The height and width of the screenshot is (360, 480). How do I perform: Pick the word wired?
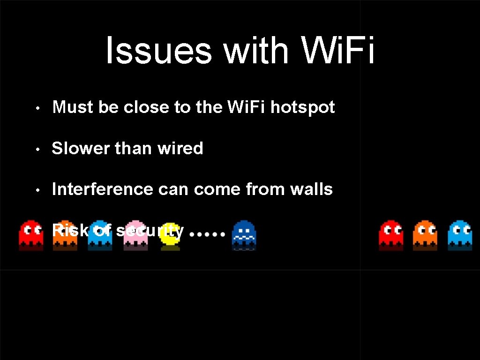tap(180, 149)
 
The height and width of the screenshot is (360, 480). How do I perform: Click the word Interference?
tap(103, 189)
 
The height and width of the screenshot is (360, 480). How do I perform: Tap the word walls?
tap(311, 189)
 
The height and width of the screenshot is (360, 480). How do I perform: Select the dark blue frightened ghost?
tap(244, 234)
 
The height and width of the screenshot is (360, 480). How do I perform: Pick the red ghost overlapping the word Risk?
tap(31, 234)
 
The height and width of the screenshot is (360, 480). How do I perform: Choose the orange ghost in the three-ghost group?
tap(425, 234)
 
